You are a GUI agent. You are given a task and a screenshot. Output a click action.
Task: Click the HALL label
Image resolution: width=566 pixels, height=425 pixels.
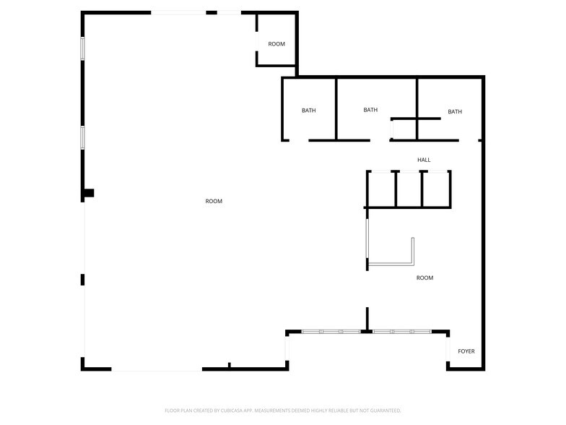coord(424,160)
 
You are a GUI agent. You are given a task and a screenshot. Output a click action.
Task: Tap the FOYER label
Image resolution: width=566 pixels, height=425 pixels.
coord(466,351)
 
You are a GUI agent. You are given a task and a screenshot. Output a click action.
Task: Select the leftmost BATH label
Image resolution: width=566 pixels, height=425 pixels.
coord(308,111)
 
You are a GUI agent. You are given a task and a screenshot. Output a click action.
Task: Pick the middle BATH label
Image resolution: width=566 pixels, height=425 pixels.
coord(370,110)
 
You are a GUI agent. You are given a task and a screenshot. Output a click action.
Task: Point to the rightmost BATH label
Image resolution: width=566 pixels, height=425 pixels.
coord(455,111)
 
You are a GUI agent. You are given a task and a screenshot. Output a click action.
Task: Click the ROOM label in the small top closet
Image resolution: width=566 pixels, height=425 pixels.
coord(277,44)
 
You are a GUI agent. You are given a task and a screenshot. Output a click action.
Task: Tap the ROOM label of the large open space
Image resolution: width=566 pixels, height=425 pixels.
coord(214,201)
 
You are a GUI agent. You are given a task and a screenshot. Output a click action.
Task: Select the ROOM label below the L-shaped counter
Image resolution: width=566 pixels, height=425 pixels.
coord(425,278)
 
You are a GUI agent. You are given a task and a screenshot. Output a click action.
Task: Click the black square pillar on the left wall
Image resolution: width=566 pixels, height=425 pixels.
coord(89,193)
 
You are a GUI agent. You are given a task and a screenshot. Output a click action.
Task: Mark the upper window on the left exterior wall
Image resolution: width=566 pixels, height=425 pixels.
coord(83,48)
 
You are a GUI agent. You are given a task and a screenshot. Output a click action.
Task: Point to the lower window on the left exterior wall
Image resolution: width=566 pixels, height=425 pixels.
coord(83,137)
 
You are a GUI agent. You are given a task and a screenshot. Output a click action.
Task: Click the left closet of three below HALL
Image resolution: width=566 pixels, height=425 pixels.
coord(381,189)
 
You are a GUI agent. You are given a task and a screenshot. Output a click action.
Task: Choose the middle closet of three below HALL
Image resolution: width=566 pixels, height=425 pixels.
coord(409,189)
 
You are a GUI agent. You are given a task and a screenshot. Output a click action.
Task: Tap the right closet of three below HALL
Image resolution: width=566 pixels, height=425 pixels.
coord(436,189)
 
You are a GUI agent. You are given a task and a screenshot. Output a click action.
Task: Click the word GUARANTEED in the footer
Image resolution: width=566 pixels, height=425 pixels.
coord(385,411)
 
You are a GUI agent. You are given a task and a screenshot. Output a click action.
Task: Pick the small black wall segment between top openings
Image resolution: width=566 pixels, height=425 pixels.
coord(212,12)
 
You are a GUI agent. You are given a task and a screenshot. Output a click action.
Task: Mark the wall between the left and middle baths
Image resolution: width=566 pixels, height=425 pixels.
coord(336,109)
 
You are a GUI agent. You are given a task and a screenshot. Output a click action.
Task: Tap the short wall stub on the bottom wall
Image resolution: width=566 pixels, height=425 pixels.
coord(230,366)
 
